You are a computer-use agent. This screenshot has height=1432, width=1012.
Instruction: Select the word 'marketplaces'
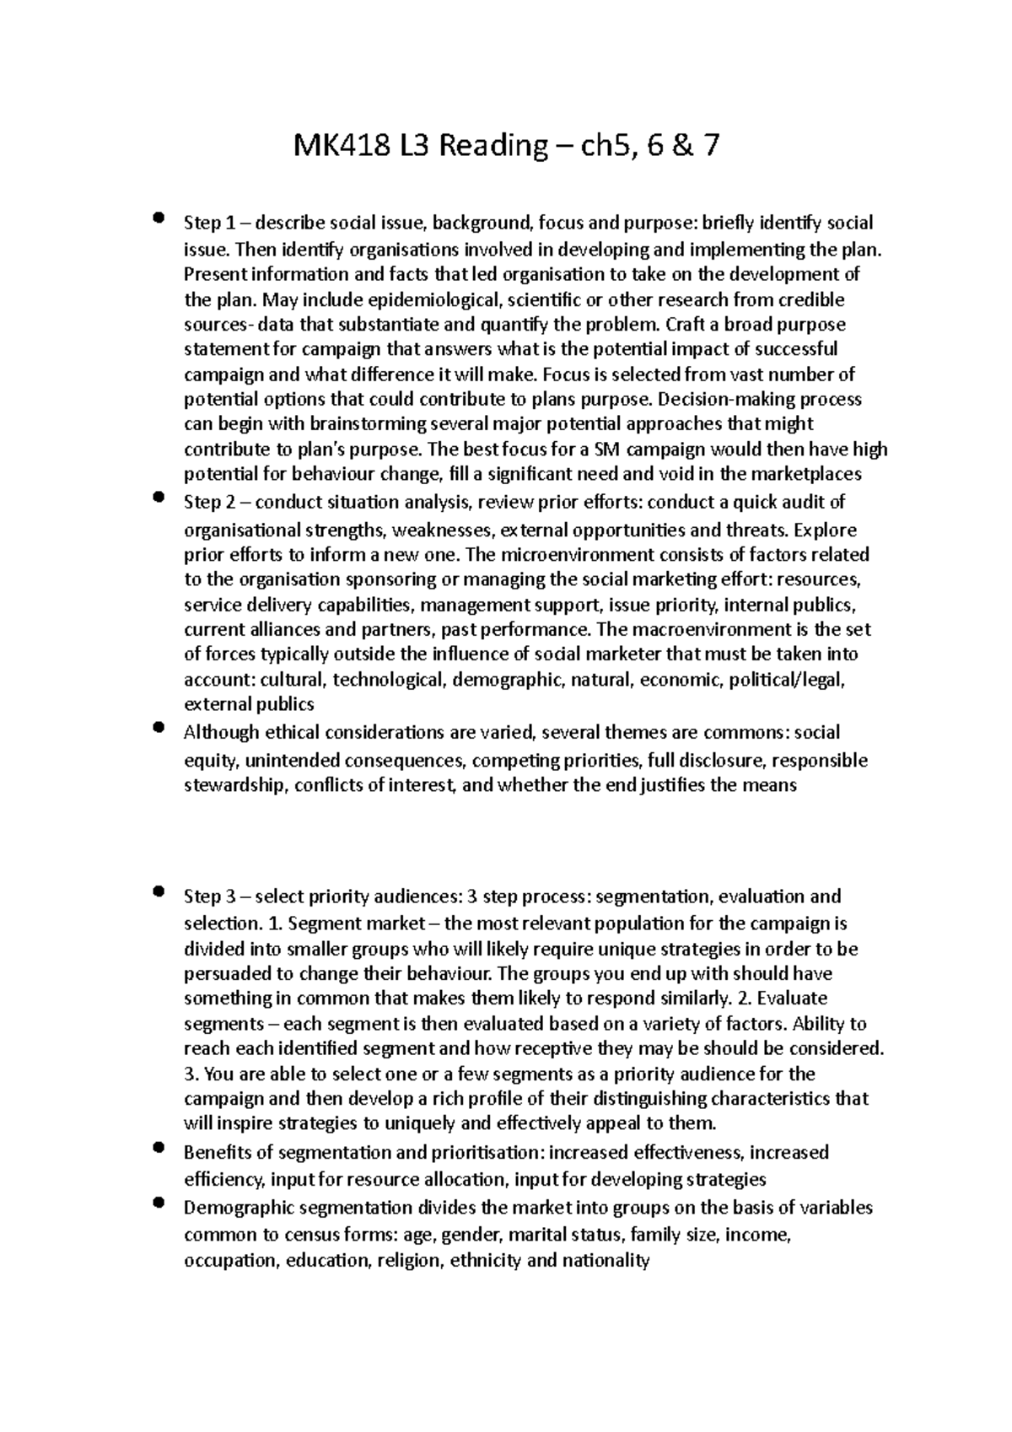[811, 474]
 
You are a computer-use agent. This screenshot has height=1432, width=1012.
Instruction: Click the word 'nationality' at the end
[606, 1262]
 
